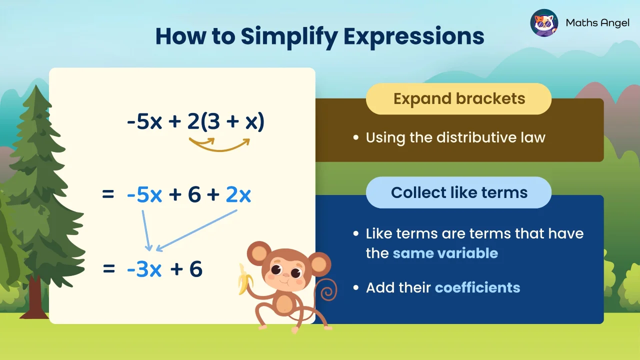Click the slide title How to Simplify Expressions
pyautogui.click(x=319, y=36)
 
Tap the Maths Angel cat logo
pyautogui.click(x=544, y=23)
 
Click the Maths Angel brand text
pyautogui.click(x=597, y=23)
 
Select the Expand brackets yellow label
pyautogui.click(x=458, y=99)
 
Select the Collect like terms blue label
pyautogui.click(x=458, y=192)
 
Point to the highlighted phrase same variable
pyautogui.click(x=445, y=253)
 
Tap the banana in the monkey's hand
pyautogui.click(x=245, y=278)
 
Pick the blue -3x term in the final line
pyautogui.click(x=144, y=269)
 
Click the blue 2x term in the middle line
pyautogui.click(x=238, y=195)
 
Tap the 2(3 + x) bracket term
pyautogui.click(x=225, y=122)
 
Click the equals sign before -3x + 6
pyautogui.click(x=108, y=269)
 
